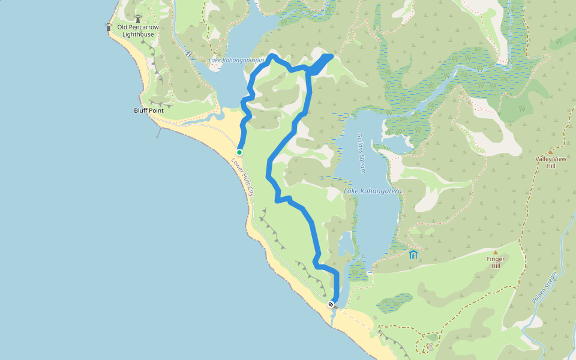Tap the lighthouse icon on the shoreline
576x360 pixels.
[109, 26]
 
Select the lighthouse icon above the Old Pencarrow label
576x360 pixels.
[139, 19]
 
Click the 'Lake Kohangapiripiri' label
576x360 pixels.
[237, 61]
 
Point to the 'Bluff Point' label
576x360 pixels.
[149, 111]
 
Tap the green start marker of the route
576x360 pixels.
[239, 152]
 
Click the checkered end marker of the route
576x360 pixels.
[331, 304]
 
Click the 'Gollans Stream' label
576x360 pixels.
[361, 154]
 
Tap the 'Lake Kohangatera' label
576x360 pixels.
[372, 191]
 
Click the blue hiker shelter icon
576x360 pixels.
[413, 254]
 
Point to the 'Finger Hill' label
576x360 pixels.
[496, 262]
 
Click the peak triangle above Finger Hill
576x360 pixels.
[496, 253]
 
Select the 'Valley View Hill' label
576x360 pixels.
[551, 162]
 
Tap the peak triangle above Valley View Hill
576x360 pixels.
[550, 152]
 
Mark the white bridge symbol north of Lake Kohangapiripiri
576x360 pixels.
[189, 53]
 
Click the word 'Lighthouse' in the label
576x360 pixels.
[138, 34]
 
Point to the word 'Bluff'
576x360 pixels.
[140, 111]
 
